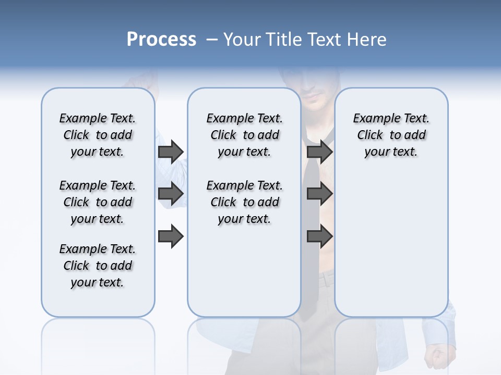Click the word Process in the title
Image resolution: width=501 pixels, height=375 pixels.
tap(161, 40)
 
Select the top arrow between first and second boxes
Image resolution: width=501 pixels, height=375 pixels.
tap(171, 152)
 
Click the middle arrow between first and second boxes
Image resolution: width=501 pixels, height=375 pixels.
tap(171, 194)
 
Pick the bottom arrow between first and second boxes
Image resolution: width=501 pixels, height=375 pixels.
tap(171, 236)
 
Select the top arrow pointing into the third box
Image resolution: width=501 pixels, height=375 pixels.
tap(319, 152)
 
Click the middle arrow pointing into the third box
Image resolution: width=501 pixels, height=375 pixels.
tap(319, 194)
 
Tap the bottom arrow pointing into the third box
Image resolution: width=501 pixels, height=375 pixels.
tap(319, 236)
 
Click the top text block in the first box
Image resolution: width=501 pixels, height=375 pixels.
tap(98, 135)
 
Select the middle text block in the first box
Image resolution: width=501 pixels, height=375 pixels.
tap(98, 202)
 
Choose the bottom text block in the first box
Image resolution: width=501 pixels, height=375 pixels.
tap(98, 266)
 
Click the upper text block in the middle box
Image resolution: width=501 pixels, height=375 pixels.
tap(245, 135)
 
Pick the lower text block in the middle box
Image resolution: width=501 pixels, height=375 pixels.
tap(245, 202)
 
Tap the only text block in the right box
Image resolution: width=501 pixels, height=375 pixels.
tap(391, 135)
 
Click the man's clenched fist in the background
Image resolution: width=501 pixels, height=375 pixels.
tap(435, 356)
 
